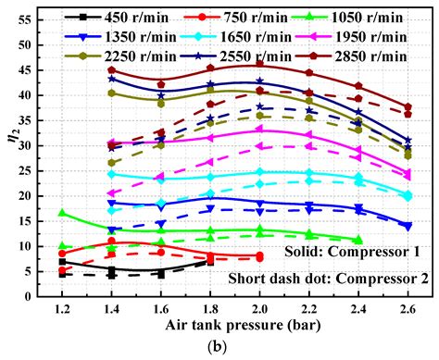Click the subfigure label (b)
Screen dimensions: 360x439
[235, 348]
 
